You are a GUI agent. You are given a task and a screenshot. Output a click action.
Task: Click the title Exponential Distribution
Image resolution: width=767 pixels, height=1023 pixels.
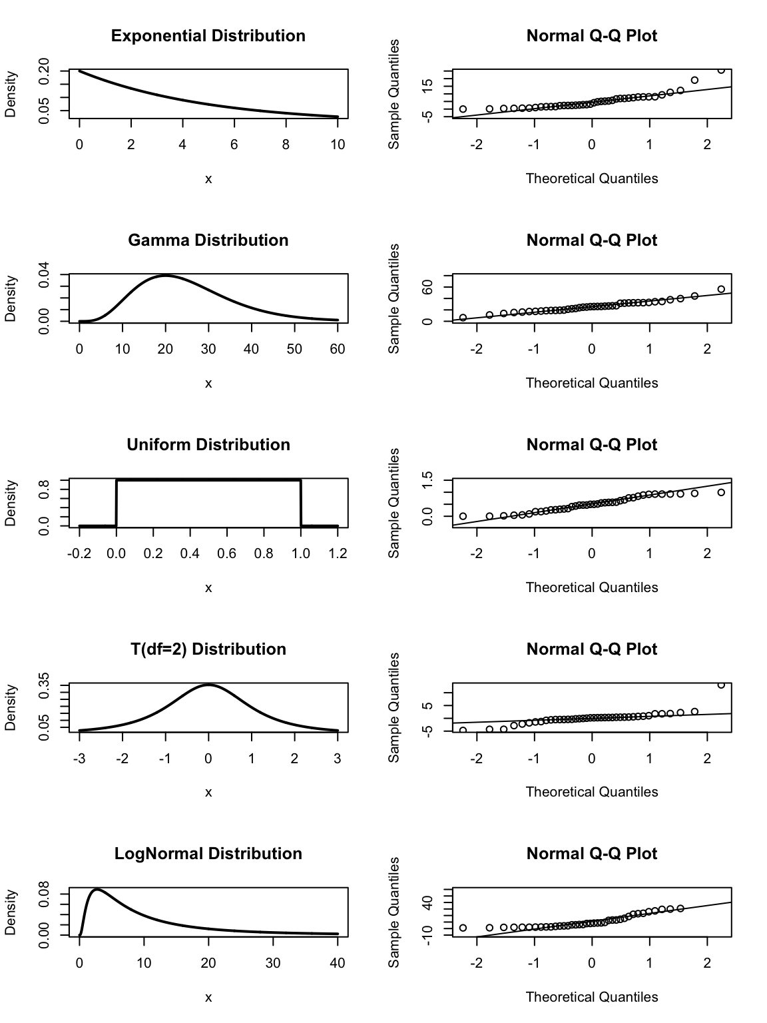tap(208, 36)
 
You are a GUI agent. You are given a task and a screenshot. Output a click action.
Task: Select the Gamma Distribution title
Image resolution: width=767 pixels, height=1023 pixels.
tap(208, 240)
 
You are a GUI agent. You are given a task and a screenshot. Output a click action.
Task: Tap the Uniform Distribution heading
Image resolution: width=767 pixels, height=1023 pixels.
tap(208, 445)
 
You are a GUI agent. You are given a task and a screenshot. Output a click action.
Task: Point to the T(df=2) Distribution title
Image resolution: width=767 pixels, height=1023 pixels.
tap(208, 649)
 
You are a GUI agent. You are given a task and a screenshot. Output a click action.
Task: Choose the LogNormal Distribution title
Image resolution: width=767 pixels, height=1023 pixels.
tap(208, 854)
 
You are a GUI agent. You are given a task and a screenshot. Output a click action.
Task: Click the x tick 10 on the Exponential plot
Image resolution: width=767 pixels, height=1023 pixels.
tap(338, 145)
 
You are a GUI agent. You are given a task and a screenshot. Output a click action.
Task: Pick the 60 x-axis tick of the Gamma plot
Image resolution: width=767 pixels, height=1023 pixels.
tap(338, 349)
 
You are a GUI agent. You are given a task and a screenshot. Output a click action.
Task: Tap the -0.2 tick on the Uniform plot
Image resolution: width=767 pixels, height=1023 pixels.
tap(79, 553)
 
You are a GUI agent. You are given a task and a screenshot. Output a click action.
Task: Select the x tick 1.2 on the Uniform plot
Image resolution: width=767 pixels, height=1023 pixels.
tap(338, 553)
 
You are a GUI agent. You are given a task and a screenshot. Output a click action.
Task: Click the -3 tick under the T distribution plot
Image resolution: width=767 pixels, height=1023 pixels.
tap(79, 758)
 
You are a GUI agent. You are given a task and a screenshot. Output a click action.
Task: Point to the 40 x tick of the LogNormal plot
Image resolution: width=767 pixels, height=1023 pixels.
tap(338, 962)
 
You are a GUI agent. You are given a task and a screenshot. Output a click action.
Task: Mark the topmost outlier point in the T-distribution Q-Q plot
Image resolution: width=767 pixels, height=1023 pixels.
tap(721, 685)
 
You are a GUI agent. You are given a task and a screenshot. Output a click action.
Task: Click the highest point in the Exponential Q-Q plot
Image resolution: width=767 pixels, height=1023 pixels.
tap(721, 70)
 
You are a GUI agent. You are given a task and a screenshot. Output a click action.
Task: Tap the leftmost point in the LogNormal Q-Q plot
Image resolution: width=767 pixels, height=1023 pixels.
tap(463, 928)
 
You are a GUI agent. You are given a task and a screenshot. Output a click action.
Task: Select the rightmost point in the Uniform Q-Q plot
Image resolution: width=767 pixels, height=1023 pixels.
tap(721, 492)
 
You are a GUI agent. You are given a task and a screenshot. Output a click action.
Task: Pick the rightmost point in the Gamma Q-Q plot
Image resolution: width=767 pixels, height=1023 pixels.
tap(721, 289)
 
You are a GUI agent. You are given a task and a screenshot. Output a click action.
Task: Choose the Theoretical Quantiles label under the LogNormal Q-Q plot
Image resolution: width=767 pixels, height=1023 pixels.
tap(591, 997)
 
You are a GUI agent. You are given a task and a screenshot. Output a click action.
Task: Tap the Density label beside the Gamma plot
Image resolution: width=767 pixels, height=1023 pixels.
tap(11, 299)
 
